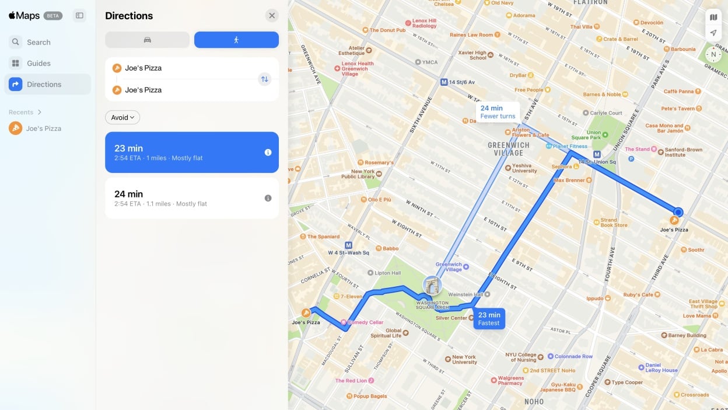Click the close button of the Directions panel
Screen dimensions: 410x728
tap(271, 16)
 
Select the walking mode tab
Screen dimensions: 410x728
tap(236, 40)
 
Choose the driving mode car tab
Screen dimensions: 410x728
tap(147, 40)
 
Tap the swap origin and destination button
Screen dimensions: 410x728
tap(265, 79)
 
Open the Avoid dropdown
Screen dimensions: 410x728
tap(123, 117)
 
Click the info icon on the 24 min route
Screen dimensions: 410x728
tap(268, 198)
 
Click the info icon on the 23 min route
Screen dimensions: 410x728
tap(268, 152)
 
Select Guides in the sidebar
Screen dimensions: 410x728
tap(38, 63)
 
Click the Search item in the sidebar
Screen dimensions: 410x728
tap(38, 42)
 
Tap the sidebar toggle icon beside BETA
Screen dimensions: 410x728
tap(80, 16)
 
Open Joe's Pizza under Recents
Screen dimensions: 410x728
tap(43, 128)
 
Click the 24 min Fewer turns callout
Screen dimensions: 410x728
tap(498, 112)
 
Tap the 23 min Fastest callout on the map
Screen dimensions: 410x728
tap(489, 319)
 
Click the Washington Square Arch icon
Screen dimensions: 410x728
tap(432, 286)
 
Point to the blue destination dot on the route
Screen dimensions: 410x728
tap(678, 212)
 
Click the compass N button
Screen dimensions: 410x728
tap(713, 54)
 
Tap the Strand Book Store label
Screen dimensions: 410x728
tap(614, 223)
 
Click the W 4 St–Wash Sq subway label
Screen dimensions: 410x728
tap(348, 253)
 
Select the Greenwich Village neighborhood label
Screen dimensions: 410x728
tap(509, 149)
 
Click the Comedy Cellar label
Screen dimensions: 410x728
tap(365, 322)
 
